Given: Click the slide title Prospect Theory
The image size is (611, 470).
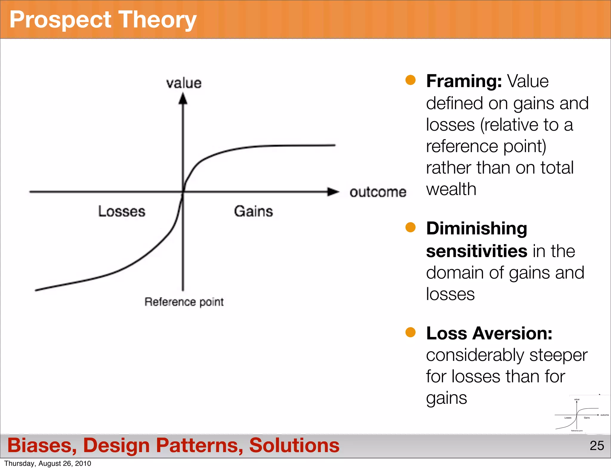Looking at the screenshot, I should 103,20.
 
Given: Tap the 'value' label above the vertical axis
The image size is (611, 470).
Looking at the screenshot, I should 184,83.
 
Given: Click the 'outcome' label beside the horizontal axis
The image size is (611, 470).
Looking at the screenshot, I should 378,192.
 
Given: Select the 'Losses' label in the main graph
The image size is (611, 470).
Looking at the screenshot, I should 122,211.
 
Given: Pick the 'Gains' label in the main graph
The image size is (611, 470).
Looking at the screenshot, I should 253,211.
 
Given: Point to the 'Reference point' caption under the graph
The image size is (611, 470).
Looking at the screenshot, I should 184,302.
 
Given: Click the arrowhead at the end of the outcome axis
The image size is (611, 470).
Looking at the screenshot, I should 333,192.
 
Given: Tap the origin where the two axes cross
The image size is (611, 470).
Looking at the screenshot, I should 183,192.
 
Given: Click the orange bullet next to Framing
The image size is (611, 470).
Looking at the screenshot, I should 411,80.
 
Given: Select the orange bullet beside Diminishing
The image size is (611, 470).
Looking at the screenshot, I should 411,227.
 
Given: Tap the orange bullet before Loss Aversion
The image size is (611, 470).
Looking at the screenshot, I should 411,332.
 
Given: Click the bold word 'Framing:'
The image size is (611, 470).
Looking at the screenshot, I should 464,81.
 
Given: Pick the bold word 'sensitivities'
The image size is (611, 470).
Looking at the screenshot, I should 476,251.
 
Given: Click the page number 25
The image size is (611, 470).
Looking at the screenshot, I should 597,446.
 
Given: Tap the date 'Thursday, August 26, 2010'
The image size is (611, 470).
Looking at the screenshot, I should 48,463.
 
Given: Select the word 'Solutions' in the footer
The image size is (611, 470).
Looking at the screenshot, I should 294,445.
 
